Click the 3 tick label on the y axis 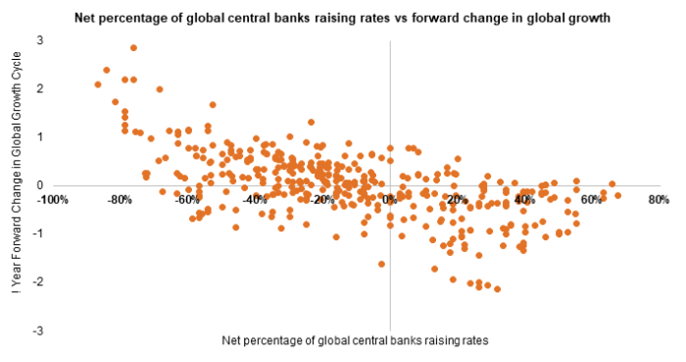[x=41, y=39]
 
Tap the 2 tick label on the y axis [x=41, y=88]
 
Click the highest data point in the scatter [x=133, y=47]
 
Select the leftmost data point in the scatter [x=98, y=84]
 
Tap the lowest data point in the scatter [x=498, y=288]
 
